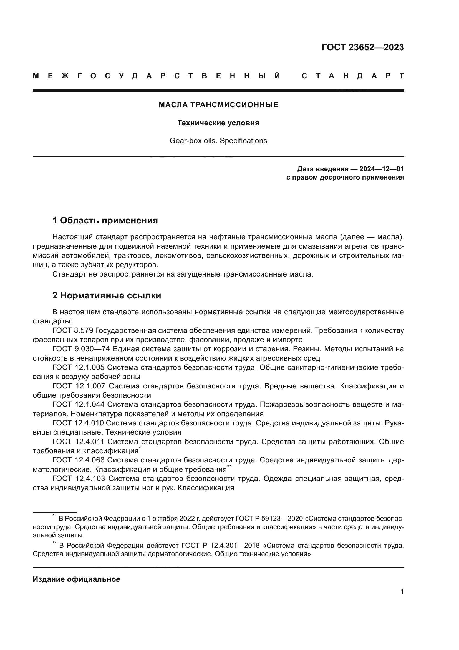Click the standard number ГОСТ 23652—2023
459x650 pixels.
point(363,47)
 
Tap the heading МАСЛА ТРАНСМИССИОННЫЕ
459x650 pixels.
point(218,105)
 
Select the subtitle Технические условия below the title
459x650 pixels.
point(218,123)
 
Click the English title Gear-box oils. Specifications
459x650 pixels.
point(218,141)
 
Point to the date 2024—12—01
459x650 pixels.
point(381,169)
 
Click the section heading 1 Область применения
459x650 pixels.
point(105,220)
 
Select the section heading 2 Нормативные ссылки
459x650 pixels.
point(107,296)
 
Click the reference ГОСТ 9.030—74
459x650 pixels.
point(81,349)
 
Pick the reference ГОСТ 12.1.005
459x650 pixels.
point(79,367)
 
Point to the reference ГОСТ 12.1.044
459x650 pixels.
point(79,405)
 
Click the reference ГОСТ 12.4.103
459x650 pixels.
point(79,479)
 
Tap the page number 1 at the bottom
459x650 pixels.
point(402,591)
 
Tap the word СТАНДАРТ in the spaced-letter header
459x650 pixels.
point(353,76)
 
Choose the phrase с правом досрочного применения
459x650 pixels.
point(345,178)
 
